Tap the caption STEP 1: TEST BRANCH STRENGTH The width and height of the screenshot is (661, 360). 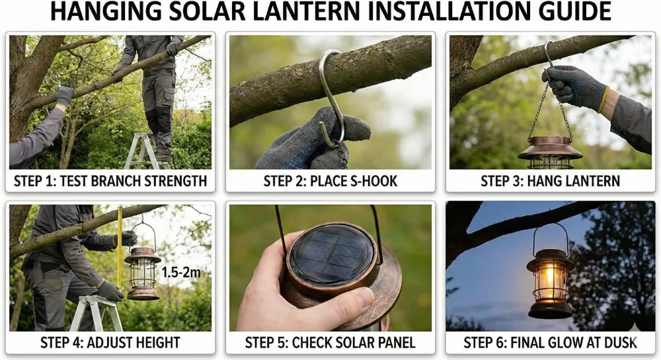coord(110,180)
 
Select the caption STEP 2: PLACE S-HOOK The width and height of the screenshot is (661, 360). coord(330,180)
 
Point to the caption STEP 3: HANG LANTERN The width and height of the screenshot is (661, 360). coord(550,180)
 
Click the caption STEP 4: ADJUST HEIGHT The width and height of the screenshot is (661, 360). coord(110,342)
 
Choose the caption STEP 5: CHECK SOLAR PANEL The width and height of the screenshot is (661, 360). coord(330,342)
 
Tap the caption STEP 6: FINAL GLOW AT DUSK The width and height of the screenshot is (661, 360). coord(550,342)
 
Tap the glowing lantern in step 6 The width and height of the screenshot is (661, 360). coord(550,277)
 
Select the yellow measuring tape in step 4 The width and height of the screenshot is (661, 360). coord(120,251)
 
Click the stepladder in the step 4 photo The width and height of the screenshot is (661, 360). coord(97,313)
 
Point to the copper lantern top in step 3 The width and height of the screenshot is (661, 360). coord(550,151)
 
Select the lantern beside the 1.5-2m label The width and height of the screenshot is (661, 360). coord(143,271)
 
